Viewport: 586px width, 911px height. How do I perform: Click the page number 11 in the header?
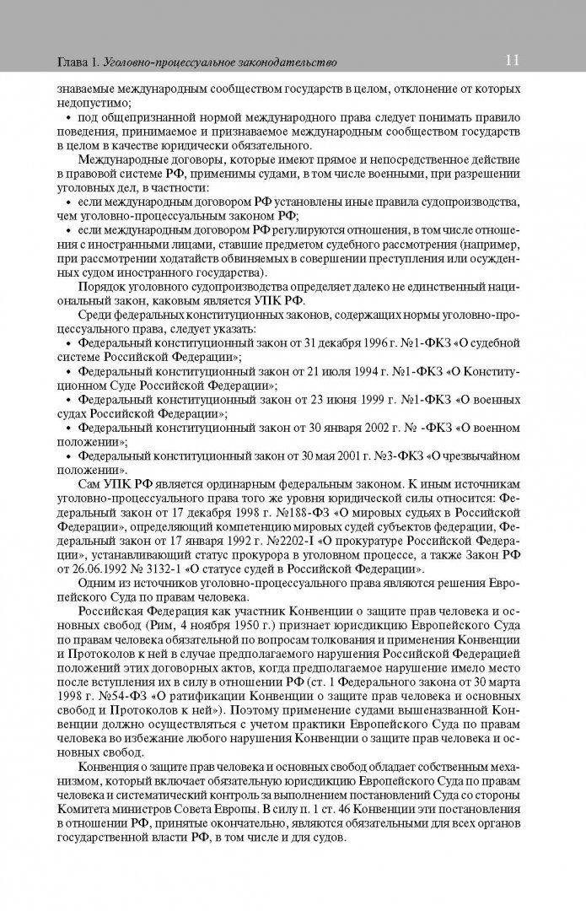[513, 60]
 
